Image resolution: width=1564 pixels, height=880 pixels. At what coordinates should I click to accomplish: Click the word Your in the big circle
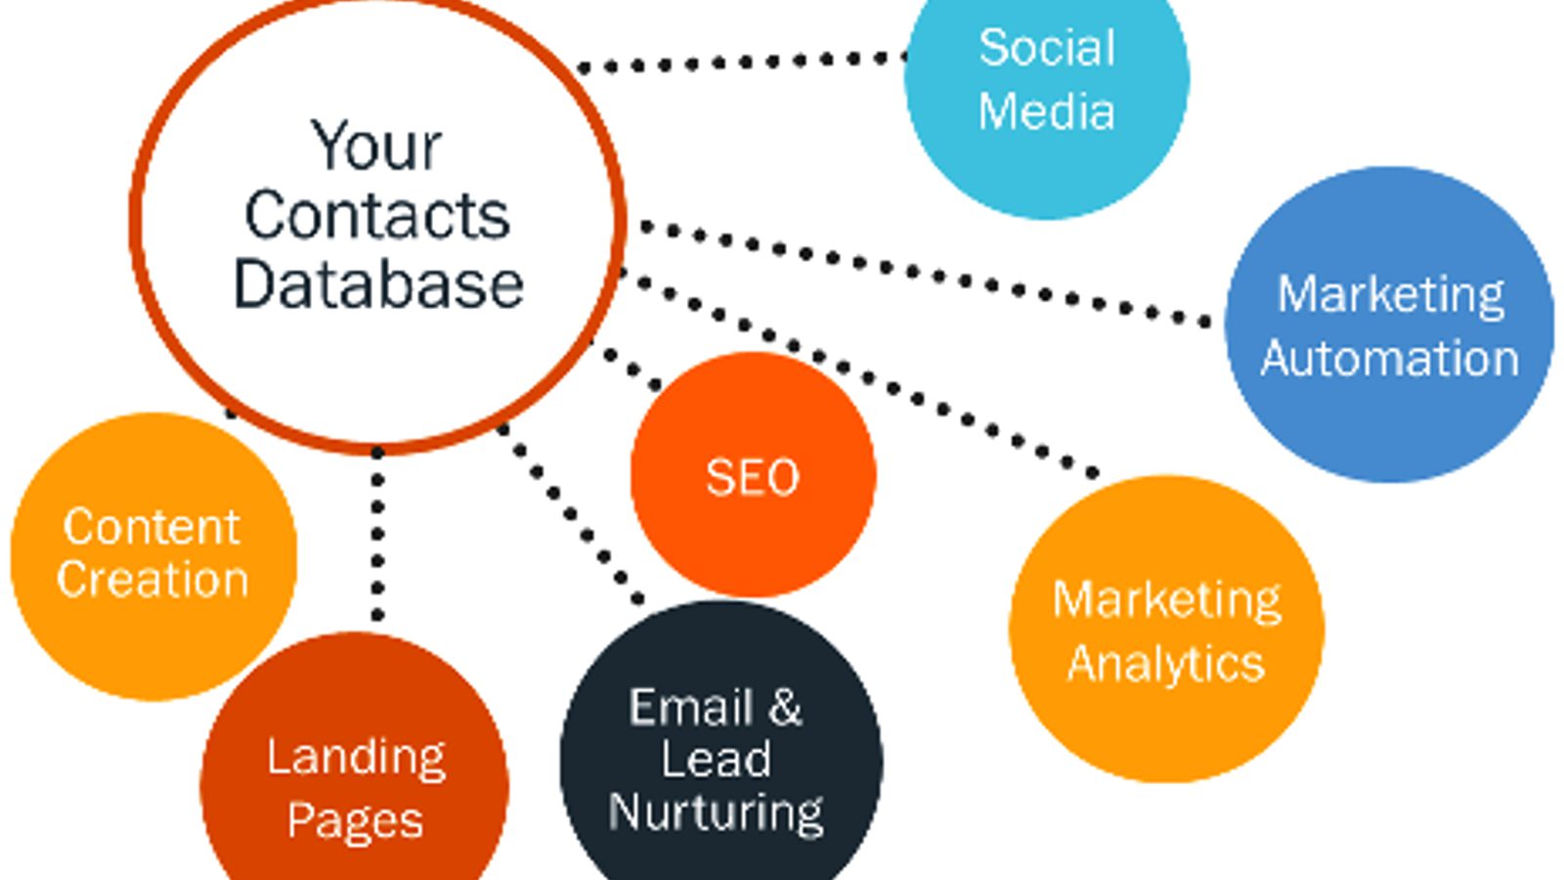376,147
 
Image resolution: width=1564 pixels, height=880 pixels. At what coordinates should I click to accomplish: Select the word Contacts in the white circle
377,215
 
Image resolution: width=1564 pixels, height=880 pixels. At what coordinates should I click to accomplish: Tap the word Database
378,285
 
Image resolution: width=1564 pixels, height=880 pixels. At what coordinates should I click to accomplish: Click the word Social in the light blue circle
1047,48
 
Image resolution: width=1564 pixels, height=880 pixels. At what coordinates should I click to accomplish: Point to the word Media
1047,110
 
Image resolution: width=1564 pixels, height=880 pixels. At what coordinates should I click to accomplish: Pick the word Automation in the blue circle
1389,358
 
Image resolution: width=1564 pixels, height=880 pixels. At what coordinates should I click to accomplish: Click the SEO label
753,477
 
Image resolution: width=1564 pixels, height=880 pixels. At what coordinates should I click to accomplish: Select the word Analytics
1166,664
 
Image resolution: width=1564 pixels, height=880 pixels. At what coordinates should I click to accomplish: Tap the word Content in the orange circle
152,527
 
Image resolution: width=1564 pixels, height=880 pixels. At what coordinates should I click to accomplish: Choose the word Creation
152,579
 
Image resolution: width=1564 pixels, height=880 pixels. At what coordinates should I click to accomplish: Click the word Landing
356,758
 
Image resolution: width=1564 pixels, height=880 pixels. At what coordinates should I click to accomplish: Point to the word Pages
355,820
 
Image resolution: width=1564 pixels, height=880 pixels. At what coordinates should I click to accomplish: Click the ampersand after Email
784,707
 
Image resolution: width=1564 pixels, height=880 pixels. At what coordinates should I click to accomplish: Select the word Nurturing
716,813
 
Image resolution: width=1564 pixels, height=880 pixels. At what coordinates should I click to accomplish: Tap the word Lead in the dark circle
716,760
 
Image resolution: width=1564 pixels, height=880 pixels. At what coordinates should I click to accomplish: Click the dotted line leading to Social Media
743,63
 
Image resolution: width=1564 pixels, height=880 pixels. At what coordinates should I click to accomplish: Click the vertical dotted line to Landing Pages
378,533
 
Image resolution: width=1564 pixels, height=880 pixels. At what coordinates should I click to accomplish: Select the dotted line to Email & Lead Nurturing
572,513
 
